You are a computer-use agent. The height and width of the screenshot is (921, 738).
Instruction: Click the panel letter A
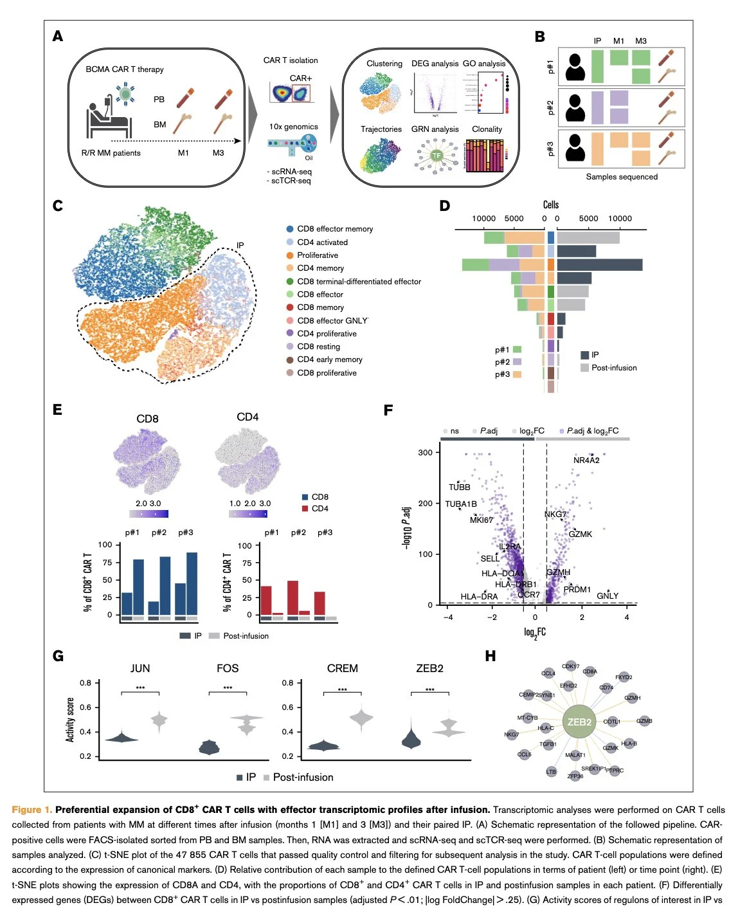58,37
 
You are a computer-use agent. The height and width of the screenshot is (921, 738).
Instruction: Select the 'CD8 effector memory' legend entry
334,229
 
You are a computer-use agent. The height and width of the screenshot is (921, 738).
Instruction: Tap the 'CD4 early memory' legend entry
329,360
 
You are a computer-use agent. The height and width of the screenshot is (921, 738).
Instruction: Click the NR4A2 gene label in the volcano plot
586,460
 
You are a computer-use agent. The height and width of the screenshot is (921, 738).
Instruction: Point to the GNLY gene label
607,596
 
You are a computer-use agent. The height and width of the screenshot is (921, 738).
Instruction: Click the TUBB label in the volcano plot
460,487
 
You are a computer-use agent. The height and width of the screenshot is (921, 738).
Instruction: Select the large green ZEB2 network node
579,722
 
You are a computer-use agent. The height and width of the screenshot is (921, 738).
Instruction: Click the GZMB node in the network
644,721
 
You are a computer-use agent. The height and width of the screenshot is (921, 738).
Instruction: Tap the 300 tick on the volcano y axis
426,452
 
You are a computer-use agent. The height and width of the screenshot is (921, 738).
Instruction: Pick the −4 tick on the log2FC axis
448,617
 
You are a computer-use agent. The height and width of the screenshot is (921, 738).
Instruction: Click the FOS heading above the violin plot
228,669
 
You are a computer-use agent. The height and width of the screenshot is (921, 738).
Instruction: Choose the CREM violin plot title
342,669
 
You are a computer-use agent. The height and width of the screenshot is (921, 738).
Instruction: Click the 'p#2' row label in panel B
550,107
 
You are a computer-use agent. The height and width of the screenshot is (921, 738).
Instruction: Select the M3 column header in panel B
641,41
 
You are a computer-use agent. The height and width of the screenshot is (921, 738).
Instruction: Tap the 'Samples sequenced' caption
622,177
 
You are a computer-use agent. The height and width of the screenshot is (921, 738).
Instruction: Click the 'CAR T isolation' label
291,60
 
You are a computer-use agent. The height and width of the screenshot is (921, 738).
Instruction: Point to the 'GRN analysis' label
435,129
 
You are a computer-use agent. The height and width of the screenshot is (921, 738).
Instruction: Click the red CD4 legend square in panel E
305,509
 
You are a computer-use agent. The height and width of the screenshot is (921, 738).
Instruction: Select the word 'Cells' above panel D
551,205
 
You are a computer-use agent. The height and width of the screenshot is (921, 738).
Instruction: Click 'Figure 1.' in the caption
32,810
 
